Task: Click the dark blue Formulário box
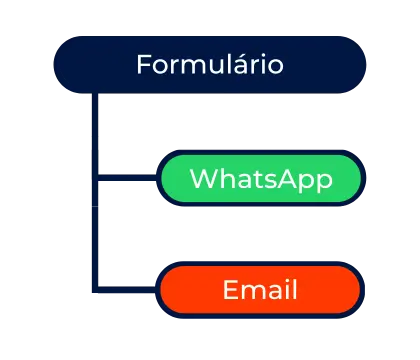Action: pos(210,65)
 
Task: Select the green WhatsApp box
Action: pos(261,180)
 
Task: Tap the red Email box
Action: pos(261,291)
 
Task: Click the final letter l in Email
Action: pos(294,291)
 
